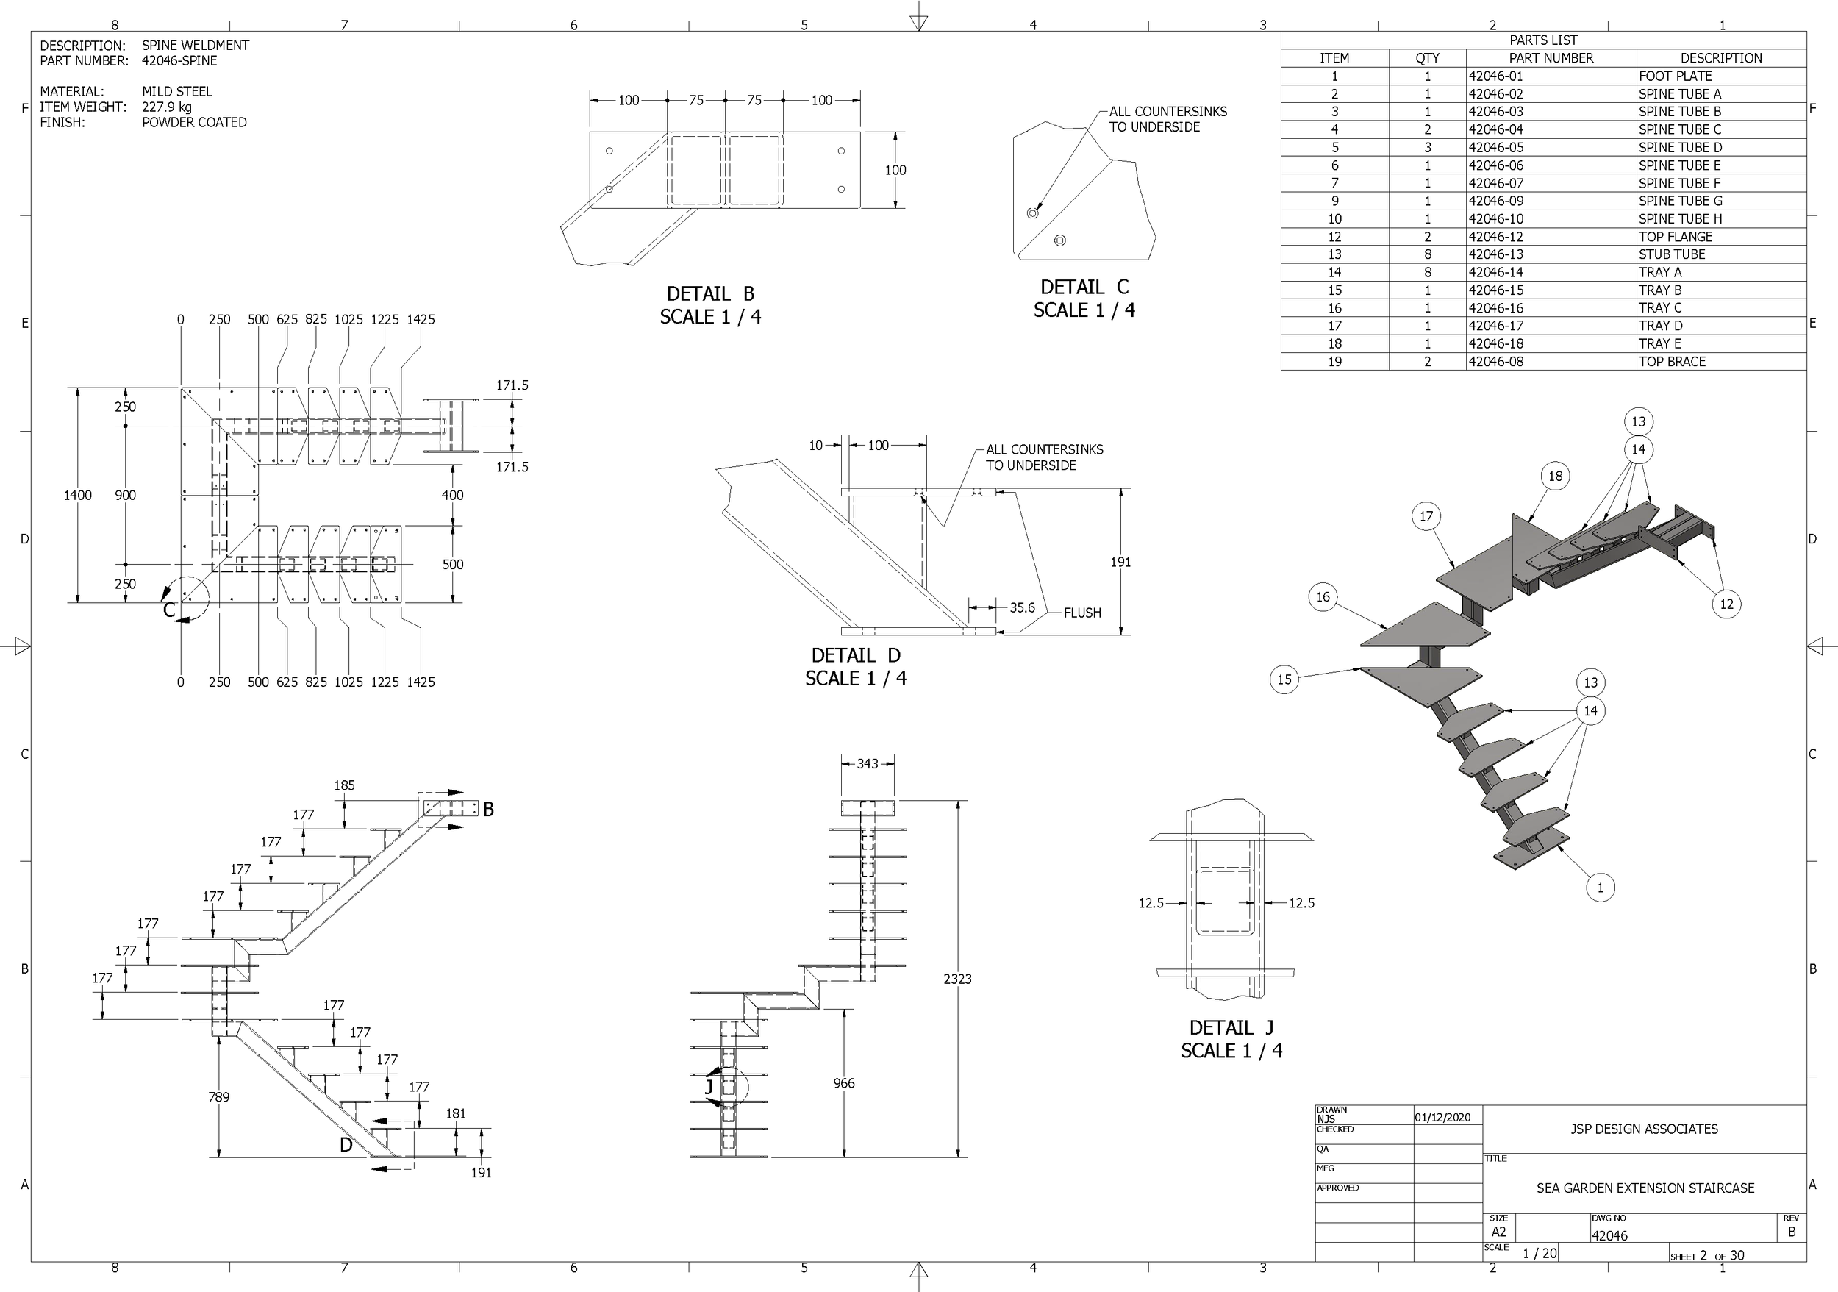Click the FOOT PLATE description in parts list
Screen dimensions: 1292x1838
click(1675, 76)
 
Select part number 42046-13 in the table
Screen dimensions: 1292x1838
click(1495, 254)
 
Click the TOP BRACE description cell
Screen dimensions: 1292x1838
click(1672, 362)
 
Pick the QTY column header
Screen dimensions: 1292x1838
click(1426, 57)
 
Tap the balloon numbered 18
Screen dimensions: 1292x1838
click(1555, 477)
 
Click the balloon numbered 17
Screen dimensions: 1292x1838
click(1426, 516)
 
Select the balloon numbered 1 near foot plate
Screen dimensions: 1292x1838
click(1600, 887)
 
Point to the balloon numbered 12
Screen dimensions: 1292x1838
click(1726, 604)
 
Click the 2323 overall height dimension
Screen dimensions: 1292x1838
click(957, 979)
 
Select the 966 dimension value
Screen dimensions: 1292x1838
click(844, 1083)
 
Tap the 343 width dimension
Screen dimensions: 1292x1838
click(867, 764)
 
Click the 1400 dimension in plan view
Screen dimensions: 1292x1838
click(78, 496)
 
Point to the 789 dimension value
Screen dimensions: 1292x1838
click(218, 1096)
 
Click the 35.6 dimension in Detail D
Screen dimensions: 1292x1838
click(1021, 607)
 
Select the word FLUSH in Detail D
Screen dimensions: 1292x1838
click(1082, 613)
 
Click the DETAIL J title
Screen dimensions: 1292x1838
click(1231, 1027)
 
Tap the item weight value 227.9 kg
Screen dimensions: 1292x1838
click(166, 107)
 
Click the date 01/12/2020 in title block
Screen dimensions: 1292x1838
click(1442, 1118)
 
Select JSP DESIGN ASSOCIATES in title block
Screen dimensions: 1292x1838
click(1643, 1129)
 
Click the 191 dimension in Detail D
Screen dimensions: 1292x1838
click(1120, 562)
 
